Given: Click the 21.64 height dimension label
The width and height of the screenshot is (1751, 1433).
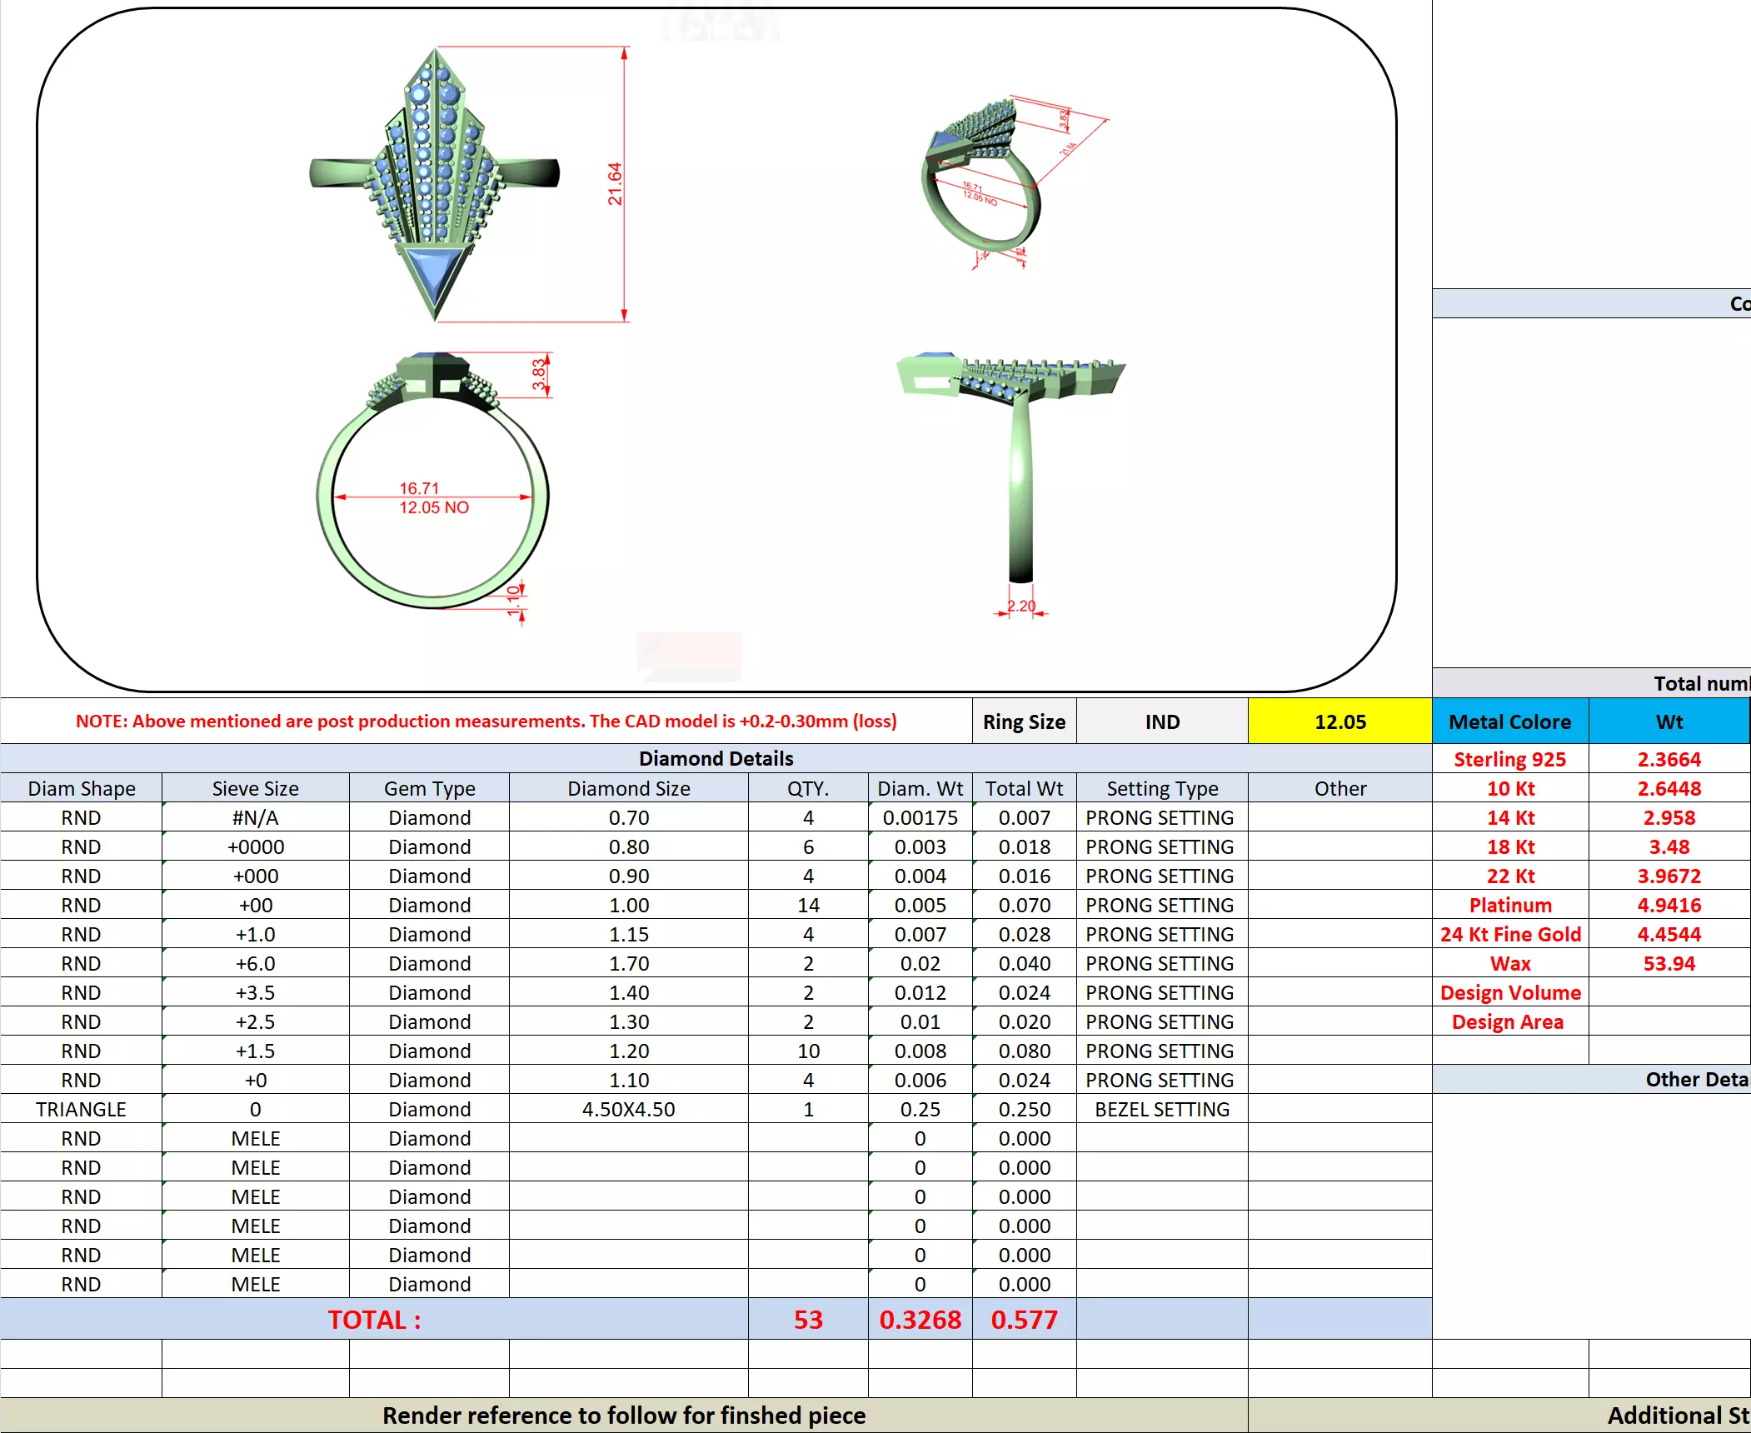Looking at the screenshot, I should coord(615,184).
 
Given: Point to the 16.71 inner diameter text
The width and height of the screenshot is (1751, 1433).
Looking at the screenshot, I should coord(419,488).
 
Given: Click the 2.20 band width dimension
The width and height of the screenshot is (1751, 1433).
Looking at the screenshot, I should coord(1021,606).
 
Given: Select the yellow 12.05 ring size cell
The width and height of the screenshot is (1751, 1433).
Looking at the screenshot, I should coord(1339,721).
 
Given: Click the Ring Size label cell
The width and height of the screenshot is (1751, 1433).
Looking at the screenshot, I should coord(1024,721).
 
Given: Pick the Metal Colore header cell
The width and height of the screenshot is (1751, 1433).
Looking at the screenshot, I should coord(1509,721).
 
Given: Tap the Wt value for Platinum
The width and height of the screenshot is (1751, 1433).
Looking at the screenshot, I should coord(1669,905).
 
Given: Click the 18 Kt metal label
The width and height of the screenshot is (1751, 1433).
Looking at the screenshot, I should coord(1510,846).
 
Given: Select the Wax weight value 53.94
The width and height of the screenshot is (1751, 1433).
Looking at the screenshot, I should coord(1669,963).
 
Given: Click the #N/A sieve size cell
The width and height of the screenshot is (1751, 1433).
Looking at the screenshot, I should coord(255,817).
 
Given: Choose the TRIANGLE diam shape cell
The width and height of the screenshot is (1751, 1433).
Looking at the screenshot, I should coord(81,1109).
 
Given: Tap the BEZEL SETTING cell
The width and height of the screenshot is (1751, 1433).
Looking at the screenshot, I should coord(1161,1109).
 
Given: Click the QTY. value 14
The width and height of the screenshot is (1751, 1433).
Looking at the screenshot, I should coord(808,905).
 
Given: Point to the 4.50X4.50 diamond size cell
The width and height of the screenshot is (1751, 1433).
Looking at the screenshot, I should coord(628,1109).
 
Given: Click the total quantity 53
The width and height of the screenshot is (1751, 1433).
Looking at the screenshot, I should coord(808,1320).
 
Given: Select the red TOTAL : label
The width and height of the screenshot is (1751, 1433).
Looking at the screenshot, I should coord(374,1320).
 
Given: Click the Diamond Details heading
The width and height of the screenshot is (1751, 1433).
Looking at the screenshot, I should coord(716,758).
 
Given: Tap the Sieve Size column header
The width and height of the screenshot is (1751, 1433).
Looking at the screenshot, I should coord(255,788).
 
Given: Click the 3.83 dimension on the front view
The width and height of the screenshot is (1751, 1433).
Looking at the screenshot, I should coord(539,374).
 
